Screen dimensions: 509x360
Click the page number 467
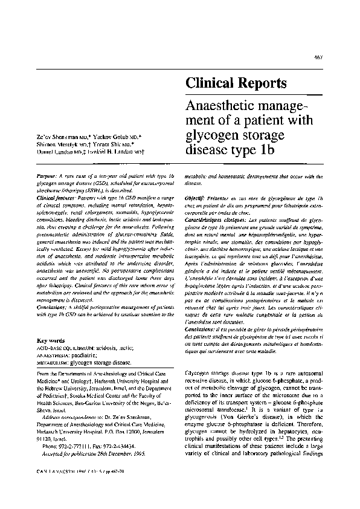pos(336,57)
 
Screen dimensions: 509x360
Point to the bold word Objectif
pos(196,198)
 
